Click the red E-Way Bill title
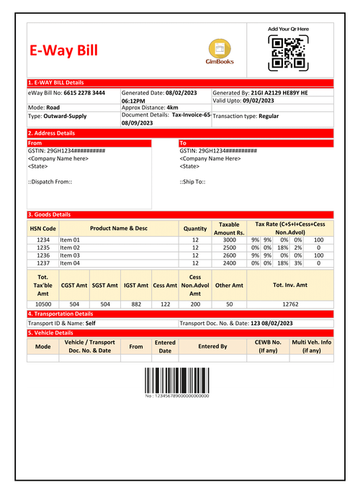pos(63,51)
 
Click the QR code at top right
pos(288,53)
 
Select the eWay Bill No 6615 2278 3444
pos(66,94)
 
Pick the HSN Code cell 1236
pos(43,255)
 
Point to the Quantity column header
pos(195,228)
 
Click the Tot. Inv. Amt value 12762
pos(290,304)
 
